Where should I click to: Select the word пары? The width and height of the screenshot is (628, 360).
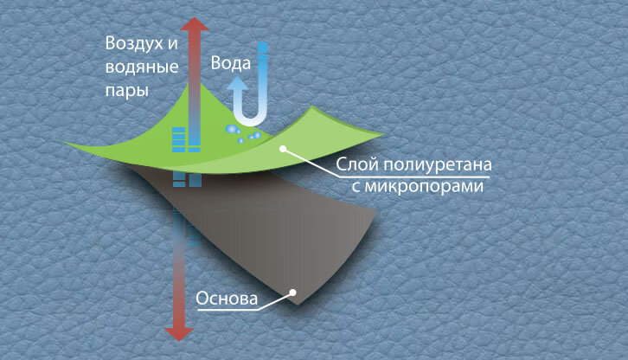[124, 89]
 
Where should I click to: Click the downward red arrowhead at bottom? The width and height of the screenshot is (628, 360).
[178, 333]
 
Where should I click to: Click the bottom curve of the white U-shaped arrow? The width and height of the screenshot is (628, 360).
[252, 120]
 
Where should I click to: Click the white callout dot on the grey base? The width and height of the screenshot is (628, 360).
[293, 292]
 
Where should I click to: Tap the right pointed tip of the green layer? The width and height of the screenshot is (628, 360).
[383, 134]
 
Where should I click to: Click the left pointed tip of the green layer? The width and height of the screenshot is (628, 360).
[64, 144]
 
